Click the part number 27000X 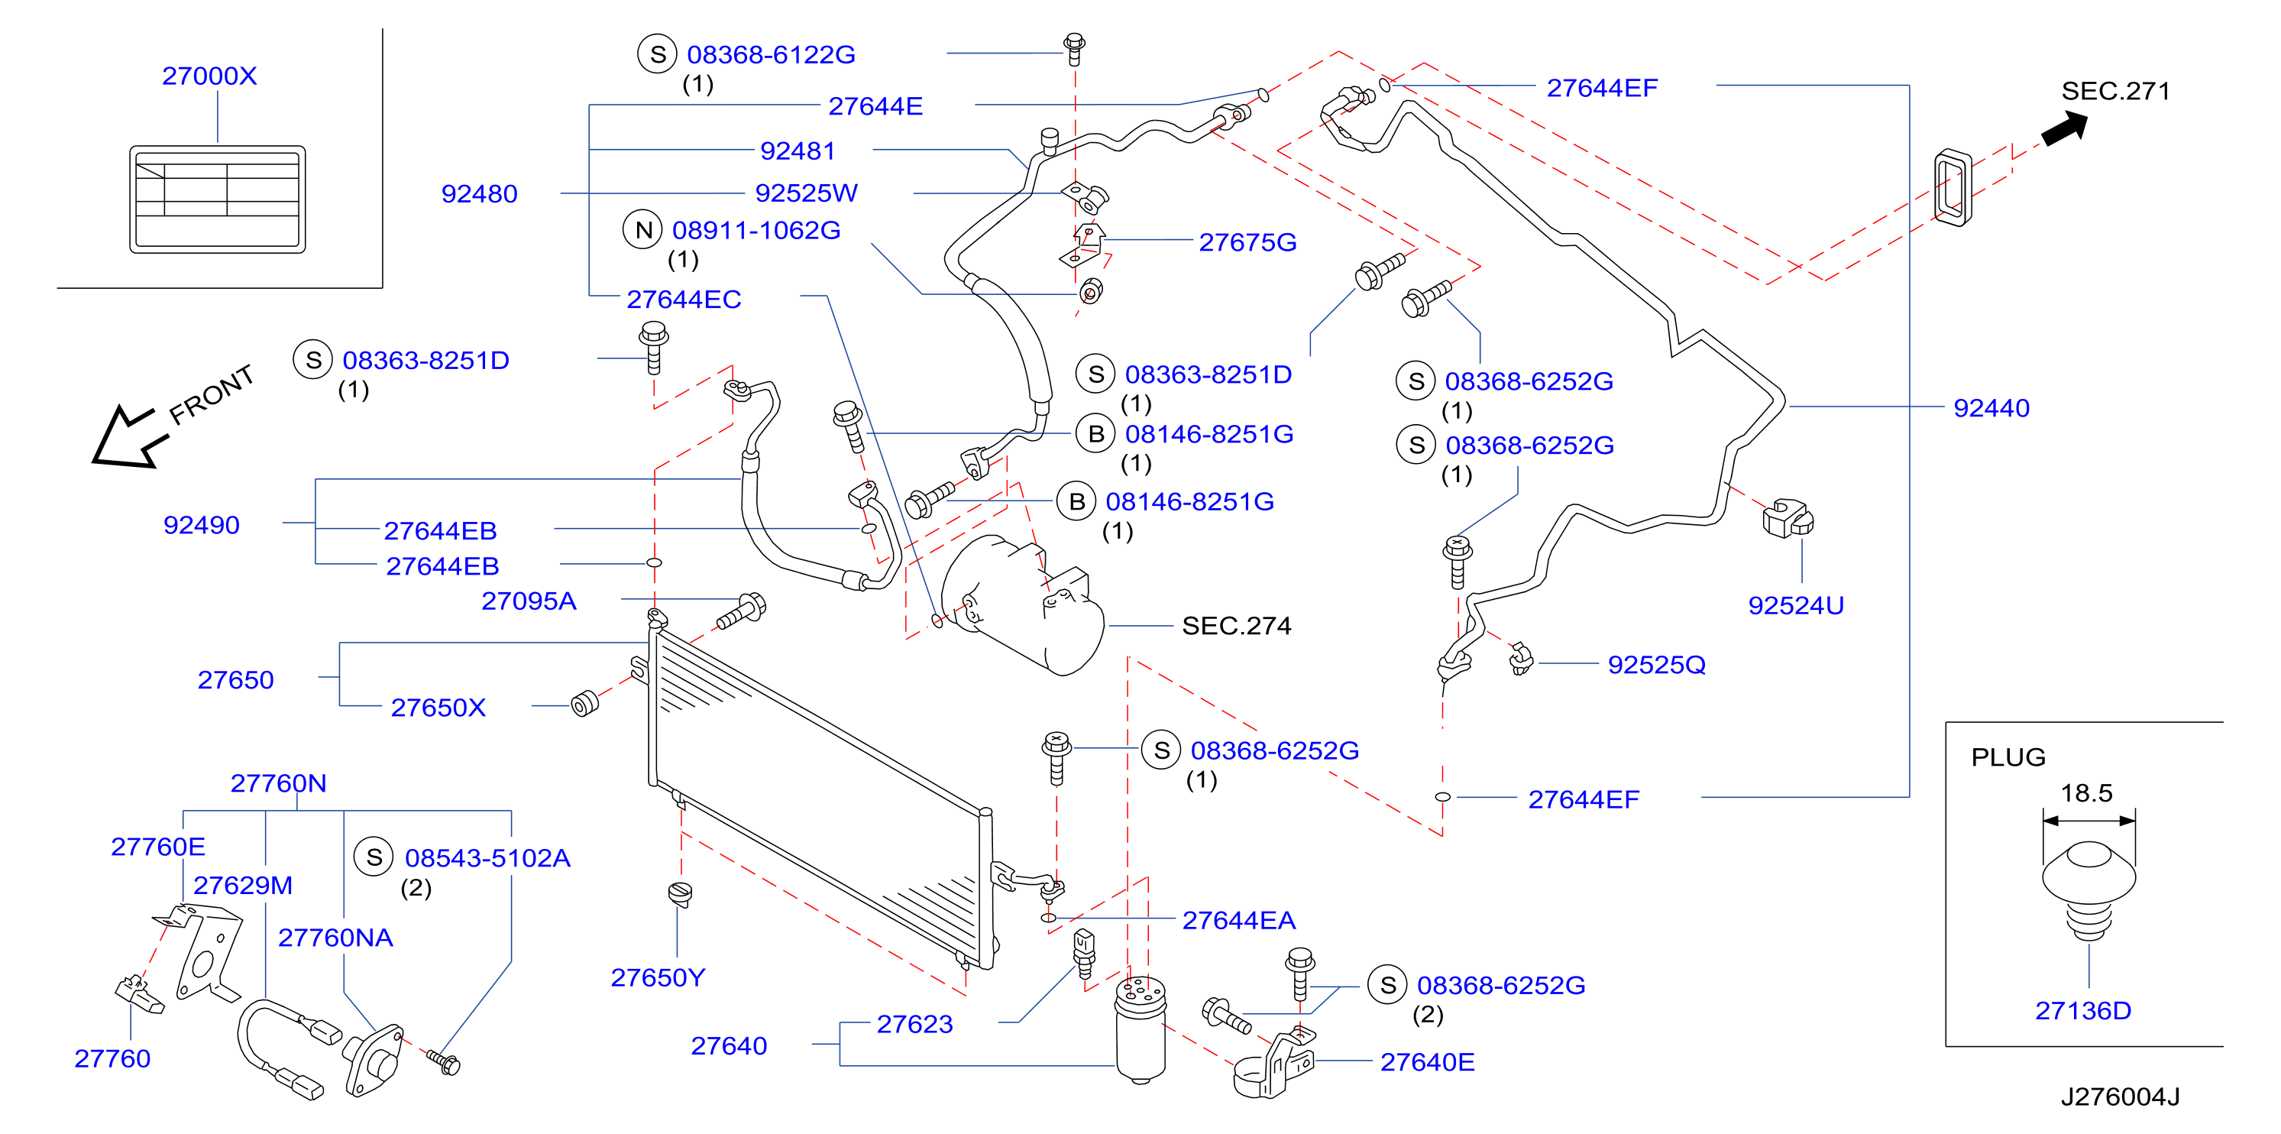pyautogui.click(x=209, y=76)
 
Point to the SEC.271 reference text pyautogui.click(x=2115, y=90)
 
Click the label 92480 pyautogui.click(x=479, y=194)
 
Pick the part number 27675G pyautogui.click(x=1247, y=242)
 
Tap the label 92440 pyautogui.click(x=1991, y=407)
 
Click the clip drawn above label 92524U pyautogui.click(x=1788, y=518)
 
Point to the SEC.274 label pyautogui.click(x=1236, y=626)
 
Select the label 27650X pyautogui.click(x=438, y=707)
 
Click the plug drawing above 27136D pyautogui.click(x=2088, y=889)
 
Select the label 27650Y pyautogui.click(x=658, y=977)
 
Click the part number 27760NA pyautogui.click(x=335, y=938)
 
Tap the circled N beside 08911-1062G pyautogui.click(x=643, y=230)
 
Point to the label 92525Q pyautogui.click(x=1657, y=665)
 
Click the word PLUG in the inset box pyautogui.click(x=2008, y=757)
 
